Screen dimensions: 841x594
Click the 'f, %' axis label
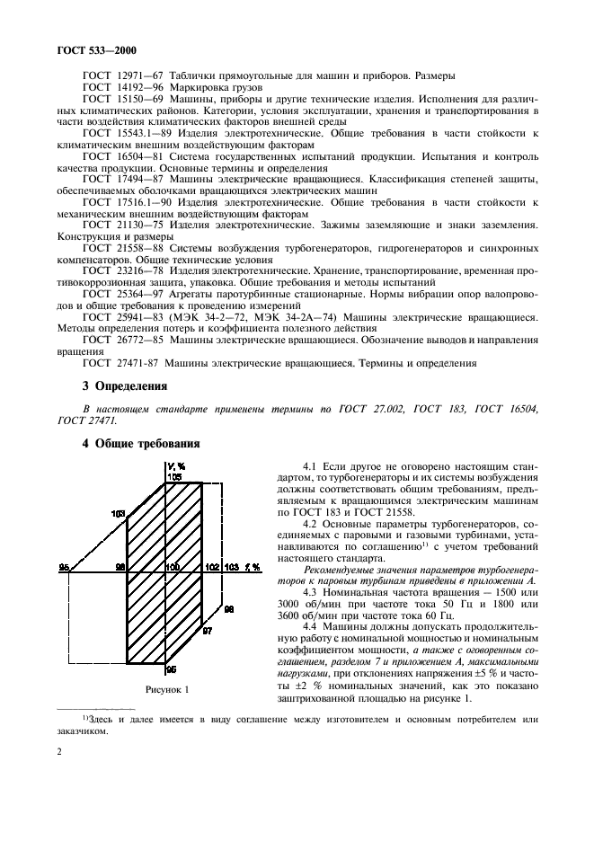[x=253, y=567]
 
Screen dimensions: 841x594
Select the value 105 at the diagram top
[x=173, y=477]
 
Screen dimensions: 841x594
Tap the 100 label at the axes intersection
[x=173, y=567]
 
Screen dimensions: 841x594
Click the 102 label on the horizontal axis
[x=211, y=567]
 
